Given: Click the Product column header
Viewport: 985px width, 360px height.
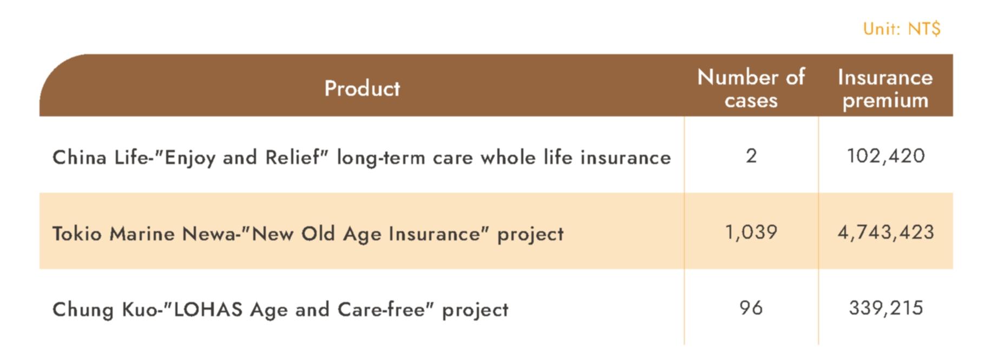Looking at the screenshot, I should click(x=362, y=88).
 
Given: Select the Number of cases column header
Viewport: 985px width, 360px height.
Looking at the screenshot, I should click(x=751, y=88).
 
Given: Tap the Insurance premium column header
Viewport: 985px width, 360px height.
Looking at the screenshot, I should click(x=885, y=88).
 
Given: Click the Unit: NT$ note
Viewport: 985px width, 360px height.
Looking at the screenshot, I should click(x=901, y=29).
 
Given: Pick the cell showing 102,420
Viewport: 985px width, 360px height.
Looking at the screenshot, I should click(x=885, y=156).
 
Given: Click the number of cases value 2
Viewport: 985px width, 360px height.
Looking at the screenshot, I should click(x=751, y=156).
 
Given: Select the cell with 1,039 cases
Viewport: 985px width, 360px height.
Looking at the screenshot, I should click(x=751, y=232).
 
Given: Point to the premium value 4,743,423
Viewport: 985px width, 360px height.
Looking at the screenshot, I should click(x=885, y=232).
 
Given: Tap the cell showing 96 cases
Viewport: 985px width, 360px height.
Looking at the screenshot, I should click(x=751, y=308).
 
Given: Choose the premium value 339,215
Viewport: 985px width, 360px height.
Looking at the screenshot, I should click(x=885, y=308).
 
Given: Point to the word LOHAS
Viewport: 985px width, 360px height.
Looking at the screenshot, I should click(x=207, y=310).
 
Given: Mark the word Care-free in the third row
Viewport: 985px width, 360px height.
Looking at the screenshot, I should click(x=381, y=310).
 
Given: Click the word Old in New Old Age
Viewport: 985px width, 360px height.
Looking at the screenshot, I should click(x=319, y=234).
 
